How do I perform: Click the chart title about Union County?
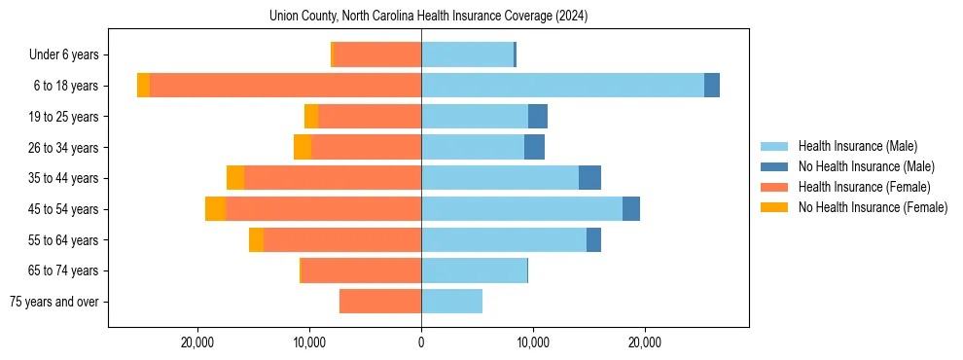pos(429,17)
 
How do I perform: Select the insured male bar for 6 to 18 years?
pos(562,86)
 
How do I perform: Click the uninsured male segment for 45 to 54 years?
pos(631,209)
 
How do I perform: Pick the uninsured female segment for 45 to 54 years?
pos(215,209)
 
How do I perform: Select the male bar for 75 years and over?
pos(451,302)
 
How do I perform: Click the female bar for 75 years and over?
pos(380,302)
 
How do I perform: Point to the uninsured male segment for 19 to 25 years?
pos(538,117)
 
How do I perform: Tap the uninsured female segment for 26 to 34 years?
pos(303,147)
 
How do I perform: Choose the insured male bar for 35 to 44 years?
pos(500,178)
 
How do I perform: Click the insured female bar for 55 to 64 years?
pos(342,240)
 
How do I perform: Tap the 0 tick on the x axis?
pos(421,342)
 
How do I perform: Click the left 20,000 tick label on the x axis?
pos(197,342)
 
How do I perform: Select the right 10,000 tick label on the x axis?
pos(533,342)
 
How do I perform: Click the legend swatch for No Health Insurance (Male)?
pos(775,166)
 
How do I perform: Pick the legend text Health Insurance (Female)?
pos(865,187)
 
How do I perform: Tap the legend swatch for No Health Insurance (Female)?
pos(775,207)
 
